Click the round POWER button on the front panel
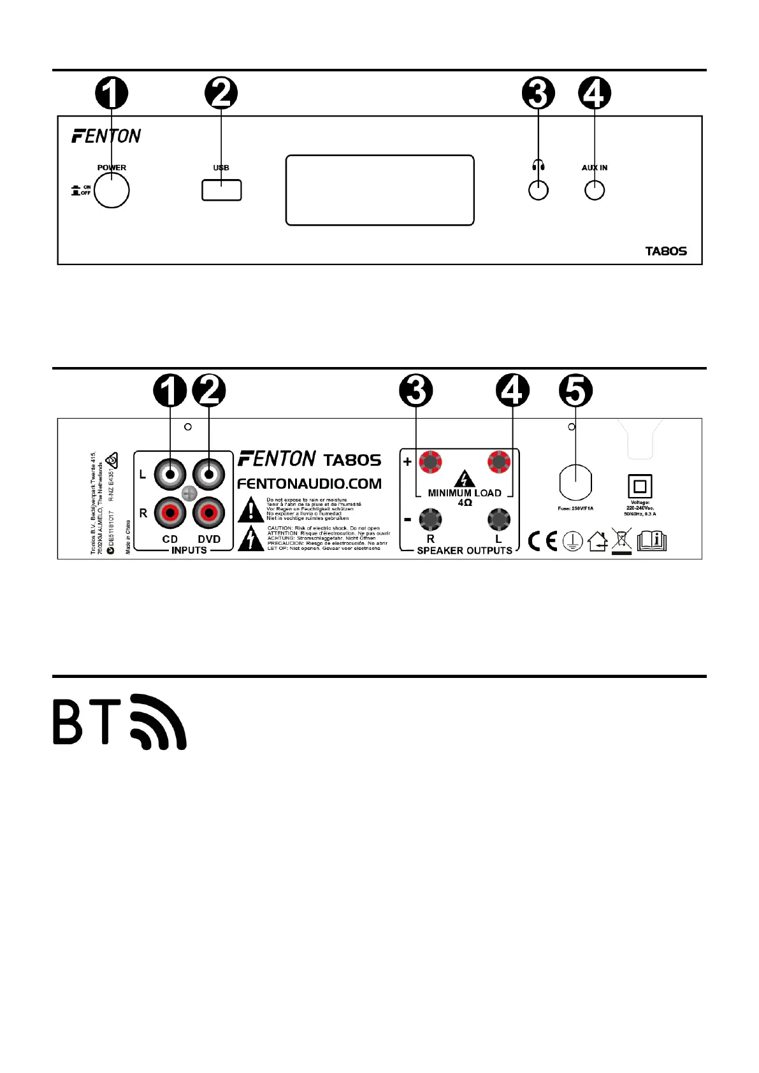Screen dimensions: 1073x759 pos(112,191)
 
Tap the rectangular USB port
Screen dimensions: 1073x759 pos(221,190)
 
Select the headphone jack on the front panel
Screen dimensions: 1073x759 pos(539,191)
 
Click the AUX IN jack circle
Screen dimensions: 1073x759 pos(595,191)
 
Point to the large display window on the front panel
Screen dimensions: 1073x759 pos(380,190)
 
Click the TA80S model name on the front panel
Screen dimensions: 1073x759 pos(666,251)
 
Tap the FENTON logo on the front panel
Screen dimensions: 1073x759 pos(106,136)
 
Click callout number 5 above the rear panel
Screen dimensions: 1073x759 pos(575,391)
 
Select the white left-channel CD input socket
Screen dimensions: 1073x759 pos(170,474)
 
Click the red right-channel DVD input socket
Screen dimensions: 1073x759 pos(209,512)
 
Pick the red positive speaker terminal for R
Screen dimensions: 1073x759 pos(430,462)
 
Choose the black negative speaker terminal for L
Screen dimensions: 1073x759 pos(498,519)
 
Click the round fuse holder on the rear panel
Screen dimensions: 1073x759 pos(575,483)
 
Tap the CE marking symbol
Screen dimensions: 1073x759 pos(543,542)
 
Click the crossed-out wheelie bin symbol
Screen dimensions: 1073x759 pos(621,541)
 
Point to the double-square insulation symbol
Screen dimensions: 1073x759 pos(640,487)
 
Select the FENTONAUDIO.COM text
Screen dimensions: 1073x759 pos(309,484)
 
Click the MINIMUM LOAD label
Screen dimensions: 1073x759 pos(465,493)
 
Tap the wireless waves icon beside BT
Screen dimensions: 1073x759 pos(159,722)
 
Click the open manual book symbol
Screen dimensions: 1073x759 pos(651,541)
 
